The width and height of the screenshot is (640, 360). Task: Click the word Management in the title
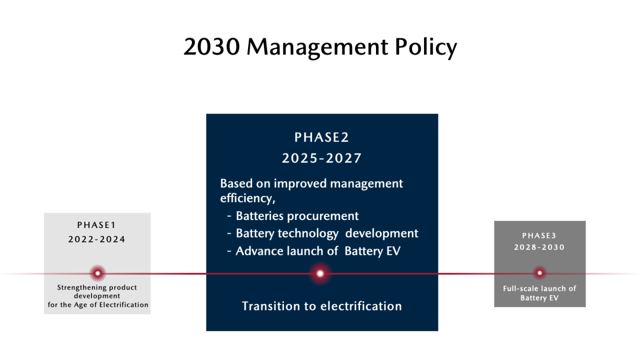[x=317, y=47]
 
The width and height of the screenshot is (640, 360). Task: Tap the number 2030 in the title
[x=211, y=46]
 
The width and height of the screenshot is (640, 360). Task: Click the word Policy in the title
[x=426, y=47]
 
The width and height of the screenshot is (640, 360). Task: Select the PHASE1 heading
[x=96, y=225]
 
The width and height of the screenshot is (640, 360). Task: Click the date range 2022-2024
[x=97, y=239]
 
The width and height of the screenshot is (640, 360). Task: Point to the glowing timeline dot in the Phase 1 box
[x=97, y=273]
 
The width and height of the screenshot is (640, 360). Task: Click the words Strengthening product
[x=97, y=287]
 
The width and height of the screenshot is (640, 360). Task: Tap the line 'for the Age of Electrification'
[x=98, y=305]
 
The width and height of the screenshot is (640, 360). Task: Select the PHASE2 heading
[x=321, y=137]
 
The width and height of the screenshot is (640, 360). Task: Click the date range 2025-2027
[x=321, y=158]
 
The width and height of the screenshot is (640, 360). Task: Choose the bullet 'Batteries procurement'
[x=293, y=216]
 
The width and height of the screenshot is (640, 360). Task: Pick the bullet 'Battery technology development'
[x=322, y=233]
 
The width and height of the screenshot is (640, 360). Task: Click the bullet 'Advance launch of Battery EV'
[x=313, y=251]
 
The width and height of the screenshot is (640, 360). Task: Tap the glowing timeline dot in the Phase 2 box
[x=320, y=273]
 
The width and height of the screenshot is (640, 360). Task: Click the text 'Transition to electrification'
[x=322, y=306]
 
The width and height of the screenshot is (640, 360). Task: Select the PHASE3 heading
[x=539, y=235]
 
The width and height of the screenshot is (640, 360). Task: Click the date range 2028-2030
[x=539, y=247]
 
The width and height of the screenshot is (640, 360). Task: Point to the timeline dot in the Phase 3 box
[x=539, y=273]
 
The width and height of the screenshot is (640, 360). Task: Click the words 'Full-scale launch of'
[x=539, y=288]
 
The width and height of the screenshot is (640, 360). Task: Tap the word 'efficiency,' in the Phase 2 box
[x=247, y=198]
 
